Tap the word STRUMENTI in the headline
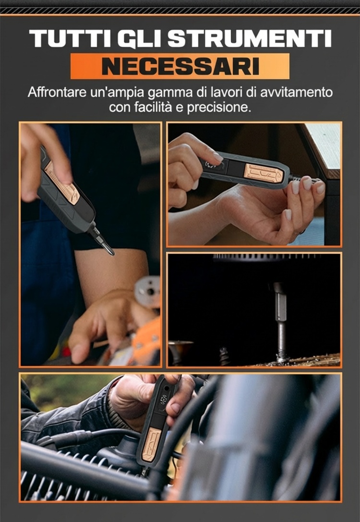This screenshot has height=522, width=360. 249,38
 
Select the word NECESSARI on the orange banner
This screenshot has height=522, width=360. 180,66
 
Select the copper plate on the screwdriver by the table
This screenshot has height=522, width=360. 264,173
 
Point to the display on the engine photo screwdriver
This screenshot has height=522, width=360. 163,400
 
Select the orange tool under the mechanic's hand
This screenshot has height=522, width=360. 146,343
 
